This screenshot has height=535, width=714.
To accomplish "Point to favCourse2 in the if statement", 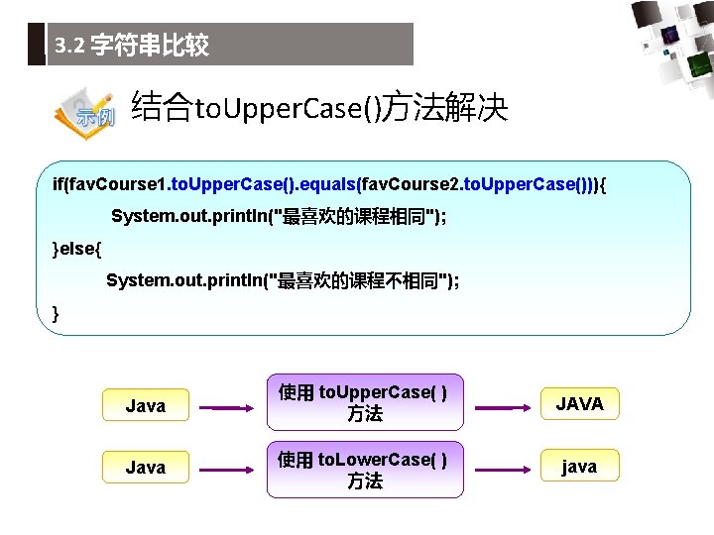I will (408, 184).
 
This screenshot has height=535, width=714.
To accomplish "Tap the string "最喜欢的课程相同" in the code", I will (358, 217).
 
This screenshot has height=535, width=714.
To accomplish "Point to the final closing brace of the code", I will (56, 314).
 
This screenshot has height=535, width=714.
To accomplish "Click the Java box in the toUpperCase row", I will (146, 405).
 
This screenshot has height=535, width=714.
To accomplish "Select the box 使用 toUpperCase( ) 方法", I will (363, 403).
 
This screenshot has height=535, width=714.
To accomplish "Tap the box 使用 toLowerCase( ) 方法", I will (363, 469).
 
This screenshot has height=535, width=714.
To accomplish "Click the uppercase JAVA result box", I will (579, 404).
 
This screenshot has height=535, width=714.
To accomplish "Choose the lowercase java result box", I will (579, 467).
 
